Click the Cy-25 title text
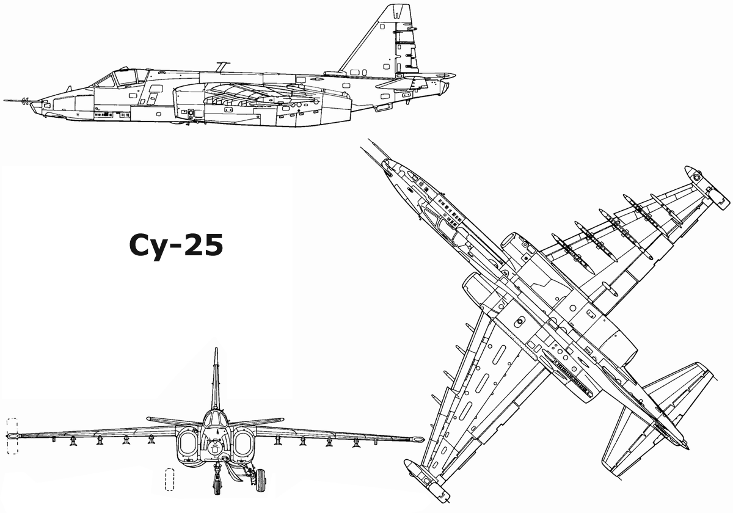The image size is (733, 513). coord(176,246)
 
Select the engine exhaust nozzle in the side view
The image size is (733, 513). coord(445,87)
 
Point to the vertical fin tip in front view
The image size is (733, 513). coord(216,349)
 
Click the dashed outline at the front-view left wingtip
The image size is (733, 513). coord(12,436)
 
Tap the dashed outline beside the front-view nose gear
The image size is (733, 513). coord(170,479)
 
